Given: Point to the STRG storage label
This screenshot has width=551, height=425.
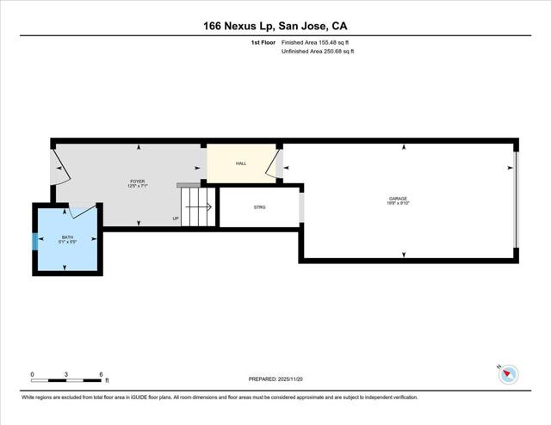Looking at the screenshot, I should click(x=259, y=207).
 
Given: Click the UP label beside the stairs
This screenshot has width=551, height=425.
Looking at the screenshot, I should click(x=176, y=219).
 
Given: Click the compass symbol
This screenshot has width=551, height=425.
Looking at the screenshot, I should click(x=508, y=373).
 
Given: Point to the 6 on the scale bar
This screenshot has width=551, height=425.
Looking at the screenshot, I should click(x=101, y=374).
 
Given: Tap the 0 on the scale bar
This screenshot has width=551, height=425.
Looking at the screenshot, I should click(x=32, y=374).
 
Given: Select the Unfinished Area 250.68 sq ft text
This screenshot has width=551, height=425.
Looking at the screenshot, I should click(x=318, y=52).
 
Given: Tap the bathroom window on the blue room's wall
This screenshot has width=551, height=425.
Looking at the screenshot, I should click(x=35, y=240).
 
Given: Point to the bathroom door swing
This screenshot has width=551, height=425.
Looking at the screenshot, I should click(x=84, y=209).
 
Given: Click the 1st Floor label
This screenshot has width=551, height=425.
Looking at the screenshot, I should click(x=263, y=41).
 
